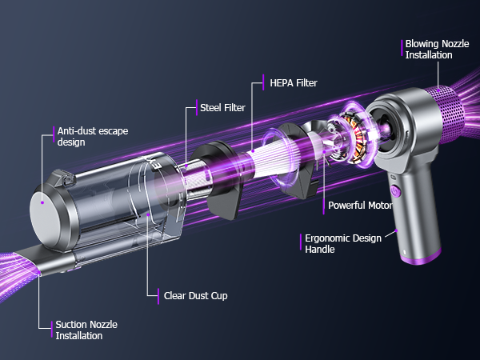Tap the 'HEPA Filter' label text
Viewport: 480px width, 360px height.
click(292, 82)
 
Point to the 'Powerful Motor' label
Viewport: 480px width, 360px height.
click(359, 205)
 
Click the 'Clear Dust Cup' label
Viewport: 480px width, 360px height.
click(195, 295)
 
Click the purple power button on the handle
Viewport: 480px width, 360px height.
click(394, 191)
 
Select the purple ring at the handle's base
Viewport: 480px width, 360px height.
click(421, 258)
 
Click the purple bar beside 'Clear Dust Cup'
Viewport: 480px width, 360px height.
click(158, 295)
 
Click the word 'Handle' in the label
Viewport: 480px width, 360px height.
click(322, 250)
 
